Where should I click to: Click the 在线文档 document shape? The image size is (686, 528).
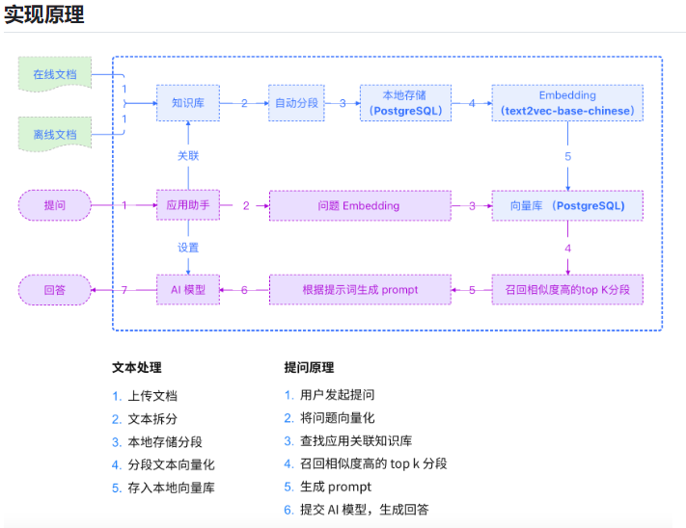pyautogui.click(x=55, y=74)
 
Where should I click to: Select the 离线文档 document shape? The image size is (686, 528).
pyautogui.click(x=55, y=134)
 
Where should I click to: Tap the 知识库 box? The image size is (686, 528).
pyautogui.click(x=187, y=102)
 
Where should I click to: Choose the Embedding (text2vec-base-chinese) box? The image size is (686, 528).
pyautogui.click(x=567, y=102)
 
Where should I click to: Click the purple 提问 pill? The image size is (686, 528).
pyautogui.click(x=55, y=205)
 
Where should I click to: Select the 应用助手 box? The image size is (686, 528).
pyautogui.click(x=187, y=205)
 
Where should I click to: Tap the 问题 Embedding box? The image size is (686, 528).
pyautogui.click(x=359, y=205)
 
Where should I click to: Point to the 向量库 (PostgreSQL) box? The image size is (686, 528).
pyautogui.click(x=567, y=205)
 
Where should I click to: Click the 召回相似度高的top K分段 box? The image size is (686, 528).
pyautogui.click(x=567, y=289)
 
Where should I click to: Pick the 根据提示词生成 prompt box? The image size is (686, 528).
pyautogui.click(x=359, y=289)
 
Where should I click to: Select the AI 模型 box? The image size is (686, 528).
pyautogui.click(x=187, y=289)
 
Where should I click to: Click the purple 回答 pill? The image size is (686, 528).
pyautogui.click(x=55, y=289)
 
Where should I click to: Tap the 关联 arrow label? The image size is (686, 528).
pyautogui.click(x=188, y=155)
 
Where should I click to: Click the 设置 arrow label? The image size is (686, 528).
pyautogui.click(x=188, y=248)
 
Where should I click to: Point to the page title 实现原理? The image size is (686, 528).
pyautogui.click(x=44, y=14)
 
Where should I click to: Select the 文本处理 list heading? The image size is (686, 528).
pyautogui.click(x=137, y=367)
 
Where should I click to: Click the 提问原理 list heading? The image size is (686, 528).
pyautogui.click(x=309, y=367)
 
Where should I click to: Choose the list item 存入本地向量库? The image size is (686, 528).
pyautogui.click(x=171, y=488)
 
